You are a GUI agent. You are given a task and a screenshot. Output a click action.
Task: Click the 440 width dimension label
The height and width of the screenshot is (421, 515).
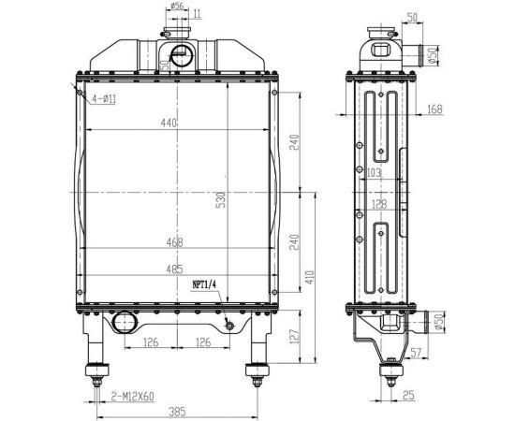(x=169, y=123)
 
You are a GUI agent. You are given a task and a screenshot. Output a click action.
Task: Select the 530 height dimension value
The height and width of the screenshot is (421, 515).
(x=222, y=200)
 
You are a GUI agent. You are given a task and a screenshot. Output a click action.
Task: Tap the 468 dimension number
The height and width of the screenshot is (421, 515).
(x=174, y=242)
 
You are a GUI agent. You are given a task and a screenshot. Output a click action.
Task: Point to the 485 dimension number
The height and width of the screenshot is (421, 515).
(x=174, y=269)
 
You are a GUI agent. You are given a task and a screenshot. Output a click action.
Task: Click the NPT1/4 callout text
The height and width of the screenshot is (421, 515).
(x=204, y=284)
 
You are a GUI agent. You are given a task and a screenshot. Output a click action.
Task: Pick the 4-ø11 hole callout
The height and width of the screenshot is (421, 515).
(x=104, y=98)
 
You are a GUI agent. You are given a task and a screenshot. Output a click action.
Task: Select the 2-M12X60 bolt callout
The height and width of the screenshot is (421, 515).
(x=132, y=397)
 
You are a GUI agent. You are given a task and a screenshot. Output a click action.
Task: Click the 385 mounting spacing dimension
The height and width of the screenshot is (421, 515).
(x=177, y=412)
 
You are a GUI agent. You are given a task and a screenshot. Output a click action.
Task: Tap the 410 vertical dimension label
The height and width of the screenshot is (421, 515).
(x=310, y=278)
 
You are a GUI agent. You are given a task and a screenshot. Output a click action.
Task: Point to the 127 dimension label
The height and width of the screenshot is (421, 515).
(x=295, y=337)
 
